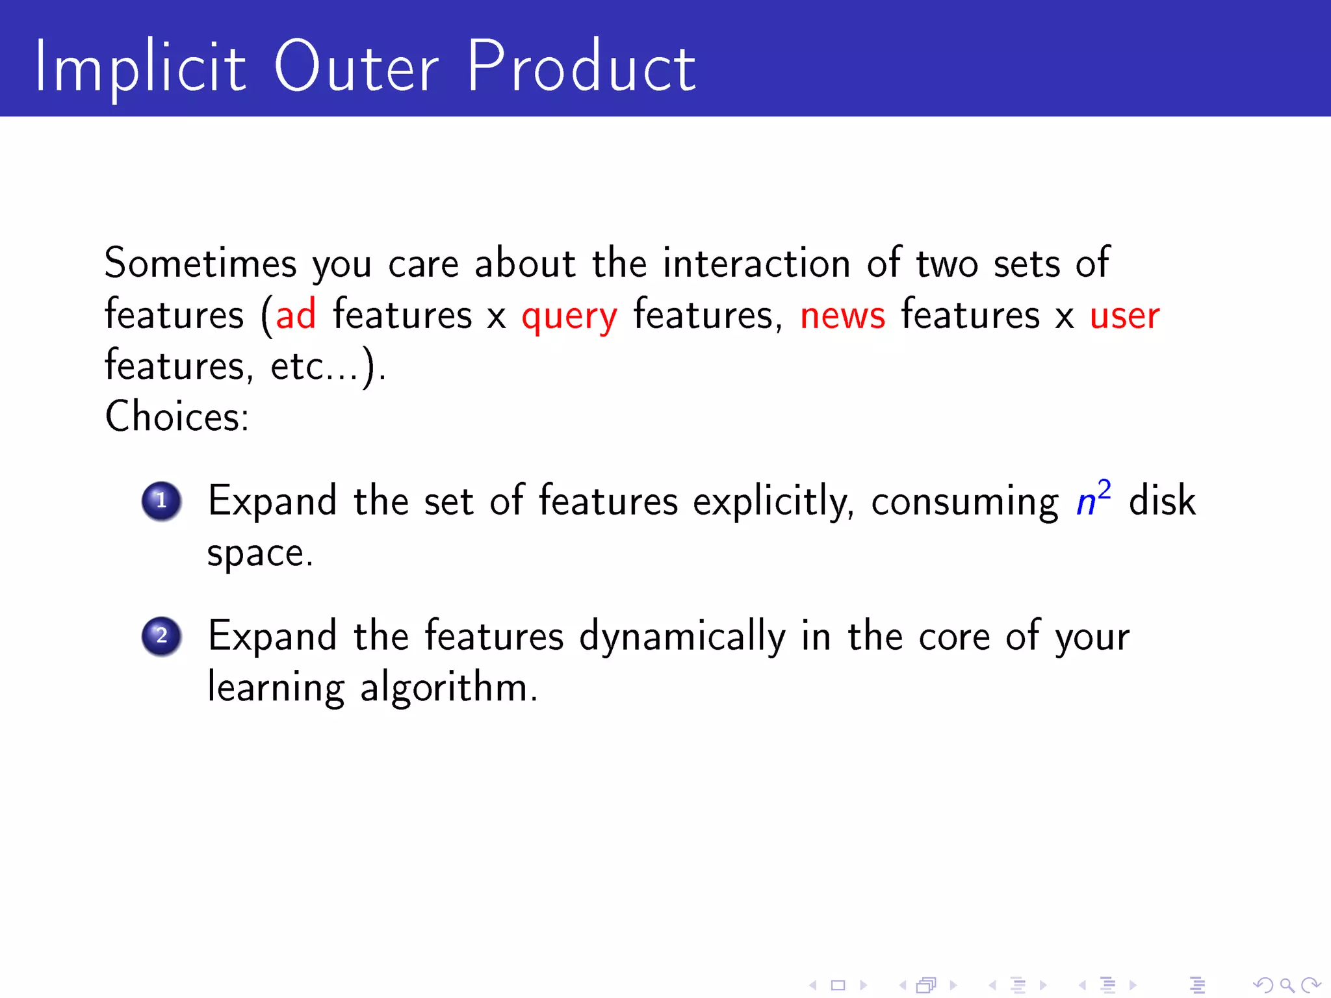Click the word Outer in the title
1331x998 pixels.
[x=356, y=67]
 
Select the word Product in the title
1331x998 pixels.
[x=581, y=67]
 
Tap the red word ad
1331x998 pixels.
[x=296, y=315]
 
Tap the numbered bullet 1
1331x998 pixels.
[x=161, y=501]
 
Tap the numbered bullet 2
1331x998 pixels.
[x=161, y=636]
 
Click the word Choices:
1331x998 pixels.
[x=177, y=416]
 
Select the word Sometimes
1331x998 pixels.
[x=200, y=263]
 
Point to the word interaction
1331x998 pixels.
[x=756, y=263]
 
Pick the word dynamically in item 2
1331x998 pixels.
[x=682, y=637]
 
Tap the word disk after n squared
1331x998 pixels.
[x=1161, y=501]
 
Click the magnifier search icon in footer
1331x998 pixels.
[x=1286, y=986]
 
